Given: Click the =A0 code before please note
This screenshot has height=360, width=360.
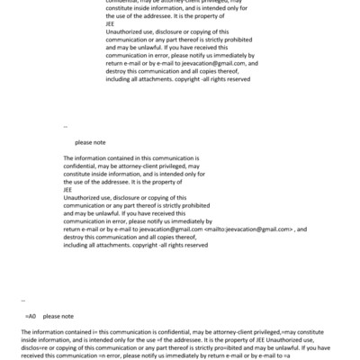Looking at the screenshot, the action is coord(30,317).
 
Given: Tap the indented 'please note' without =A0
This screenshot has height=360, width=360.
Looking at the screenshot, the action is coord(90,142).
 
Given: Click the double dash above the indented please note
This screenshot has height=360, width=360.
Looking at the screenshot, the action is coord(66,127).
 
